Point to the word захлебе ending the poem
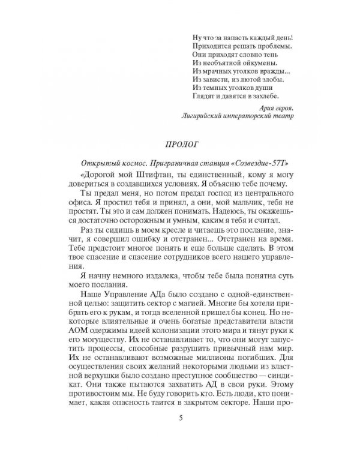click(x=262, y=95)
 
